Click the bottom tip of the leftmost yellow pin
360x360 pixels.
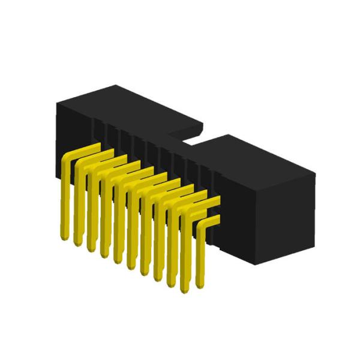tap(63, 235)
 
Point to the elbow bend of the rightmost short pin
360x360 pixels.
tap(202, 224)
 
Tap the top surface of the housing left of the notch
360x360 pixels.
tap(126, 108)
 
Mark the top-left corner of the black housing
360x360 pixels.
tap(56, 102)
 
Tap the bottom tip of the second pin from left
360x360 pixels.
tap(77, 243)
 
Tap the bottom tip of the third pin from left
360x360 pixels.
tap(90, 249)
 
